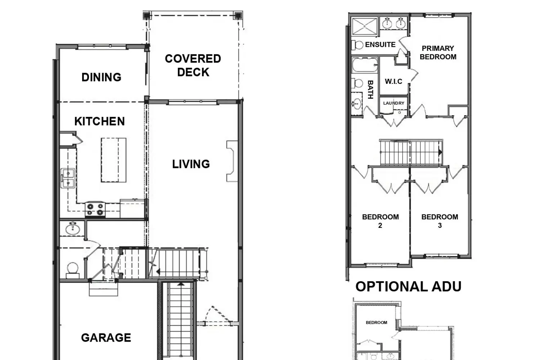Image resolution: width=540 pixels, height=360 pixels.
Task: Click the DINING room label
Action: [101, 77]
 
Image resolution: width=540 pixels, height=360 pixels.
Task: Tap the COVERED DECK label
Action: [193, 66]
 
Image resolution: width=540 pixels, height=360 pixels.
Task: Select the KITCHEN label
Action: [100, 121]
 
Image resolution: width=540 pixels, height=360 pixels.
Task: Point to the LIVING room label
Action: [191, 164]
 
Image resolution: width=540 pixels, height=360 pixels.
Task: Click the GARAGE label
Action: [106, 338]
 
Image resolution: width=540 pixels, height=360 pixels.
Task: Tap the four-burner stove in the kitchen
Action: [95, 209]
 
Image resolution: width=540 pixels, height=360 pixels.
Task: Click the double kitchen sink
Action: [68, 178]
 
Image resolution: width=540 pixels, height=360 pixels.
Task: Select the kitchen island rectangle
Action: [113, 160]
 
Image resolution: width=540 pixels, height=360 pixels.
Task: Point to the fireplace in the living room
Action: [232, 161]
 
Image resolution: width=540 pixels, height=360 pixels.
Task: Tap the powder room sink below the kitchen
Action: [72, 228]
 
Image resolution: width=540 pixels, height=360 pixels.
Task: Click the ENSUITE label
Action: [380, 45]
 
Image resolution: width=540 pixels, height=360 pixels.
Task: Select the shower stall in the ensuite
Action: [364, 26]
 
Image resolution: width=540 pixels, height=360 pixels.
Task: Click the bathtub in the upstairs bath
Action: [365, 65]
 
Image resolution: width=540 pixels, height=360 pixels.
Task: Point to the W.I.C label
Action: [393, 81]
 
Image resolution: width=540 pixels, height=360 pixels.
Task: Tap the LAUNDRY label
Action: [394, 103]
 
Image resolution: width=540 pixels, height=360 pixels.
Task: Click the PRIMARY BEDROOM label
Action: [438, 53]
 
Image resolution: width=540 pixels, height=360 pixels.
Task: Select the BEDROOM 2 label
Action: [381, 221]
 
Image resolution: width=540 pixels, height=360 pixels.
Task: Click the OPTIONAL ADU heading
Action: [408, 287]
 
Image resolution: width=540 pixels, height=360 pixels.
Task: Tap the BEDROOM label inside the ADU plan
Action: [377, 323]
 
